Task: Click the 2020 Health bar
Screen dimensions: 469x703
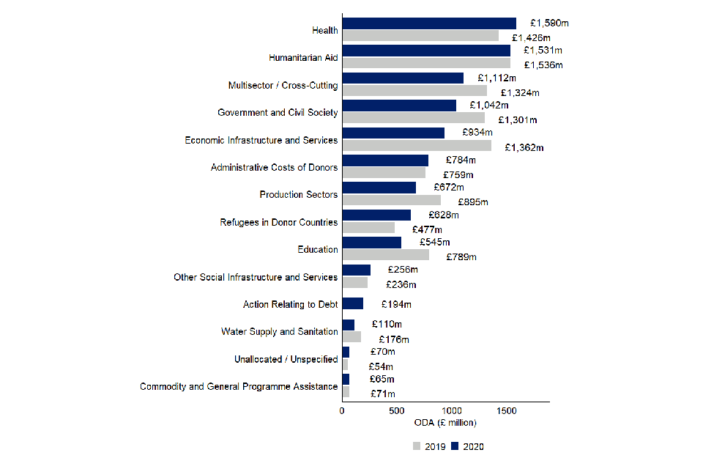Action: [x=429, y=23]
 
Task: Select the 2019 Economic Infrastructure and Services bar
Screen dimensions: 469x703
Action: [x=417, y=145]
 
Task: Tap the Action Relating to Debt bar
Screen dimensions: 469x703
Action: [x=353, y=304]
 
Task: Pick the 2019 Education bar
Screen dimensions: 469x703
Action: [x=385, y=255]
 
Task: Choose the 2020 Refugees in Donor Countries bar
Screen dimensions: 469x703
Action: [x=376, y=215]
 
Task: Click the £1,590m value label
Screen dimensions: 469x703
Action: [x=550, y=23]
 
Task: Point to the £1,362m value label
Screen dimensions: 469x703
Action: [x=524, y=147]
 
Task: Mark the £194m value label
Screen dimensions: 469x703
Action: [x=396, y=304]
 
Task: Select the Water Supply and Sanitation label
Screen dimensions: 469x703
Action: [x=279, y=332]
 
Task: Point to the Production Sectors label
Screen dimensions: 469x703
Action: [x=299, y=195]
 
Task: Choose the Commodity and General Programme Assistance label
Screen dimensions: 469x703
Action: [x=239, y=386]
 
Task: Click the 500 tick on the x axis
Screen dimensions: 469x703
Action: [x=397, y=411]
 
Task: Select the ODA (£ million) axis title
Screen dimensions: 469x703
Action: [x=445, y=424]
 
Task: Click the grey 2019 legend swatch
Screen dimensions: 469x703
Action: [x=417, y=446]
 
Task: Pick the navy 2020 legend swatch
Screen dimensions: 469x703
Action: [x=455, y=446]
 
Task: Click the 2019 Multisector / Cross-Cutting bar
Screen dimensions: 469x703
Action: [x=414, y=90]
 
